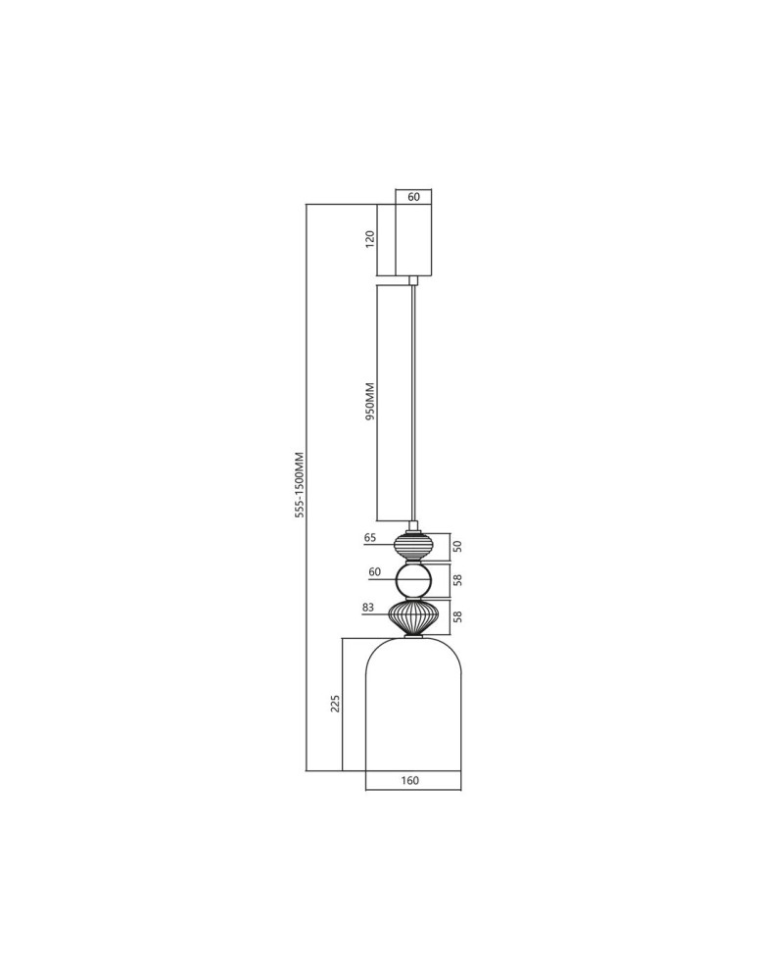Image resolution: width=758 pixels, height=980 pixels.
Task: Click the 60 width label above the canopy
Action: pos(412,197)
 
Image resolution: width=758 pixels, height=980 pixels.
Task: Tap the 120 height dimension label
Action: pos(370,239)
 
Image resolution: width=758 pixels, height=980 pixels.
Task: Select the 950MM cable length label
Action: pos(370,401)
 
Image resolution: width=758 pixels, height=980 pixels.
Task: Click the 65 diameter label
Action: pos(370,538)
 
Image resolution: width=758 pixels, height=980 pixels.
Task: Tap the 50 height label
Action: pos(457,546)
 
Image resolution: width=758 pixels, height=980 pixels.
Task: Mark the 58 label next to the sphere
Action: pos(457,580)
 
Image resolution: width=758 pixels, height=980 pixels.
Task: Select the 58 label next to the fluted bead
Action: pos(457,617)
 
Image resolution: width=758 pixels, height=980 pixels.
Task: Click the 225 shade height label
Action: pos(334,704)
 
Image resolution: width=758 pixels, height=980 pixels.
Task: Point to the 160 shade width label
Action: pos(410,781)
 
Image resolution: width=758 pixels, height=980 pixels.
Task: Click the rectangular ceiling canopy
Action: pos(412,240)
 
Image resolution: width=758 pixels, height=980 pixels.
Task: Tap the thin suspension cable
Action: pos(413,402)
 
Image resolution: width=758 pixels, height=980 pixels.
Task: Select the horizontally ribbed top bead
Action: pos(412,546)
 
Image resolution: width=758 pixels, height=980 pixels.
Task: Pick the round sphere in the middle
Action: pos(412,580)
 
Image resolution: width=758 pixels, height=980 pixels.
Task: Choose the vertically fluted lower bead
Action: pos(412,617)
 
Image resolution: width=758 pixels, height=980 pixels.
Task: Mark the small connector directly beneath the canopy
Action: pos(413,280)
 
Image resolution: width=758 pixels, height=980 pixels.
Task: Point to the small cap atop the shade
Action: pos(412,638)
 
